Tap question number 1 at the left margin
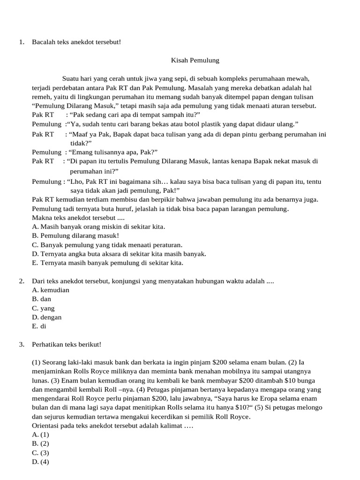click(x=21, y=43)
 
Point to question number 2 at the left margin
click(x=21, y=281)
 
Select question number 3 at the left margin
click(x=21, y=345)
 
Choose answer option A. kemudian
click(x=51, y=290)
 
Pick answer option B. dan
click(x=42, y=299)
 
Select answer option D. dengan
click(x=47, y=317)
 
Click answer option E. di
click(x=39, y=326)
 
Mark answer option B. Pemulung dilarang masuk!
click(x=75, y=236)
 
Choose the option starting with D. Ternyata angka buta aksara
click(x=119, y=254)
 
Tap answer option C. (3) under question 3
click(x=40, y=453)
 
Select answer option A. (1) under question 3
click(x=40, y=435)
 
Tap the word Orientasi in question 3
click(x=47, y=426)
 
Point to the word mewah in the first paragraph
click(x=300, y=79)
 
